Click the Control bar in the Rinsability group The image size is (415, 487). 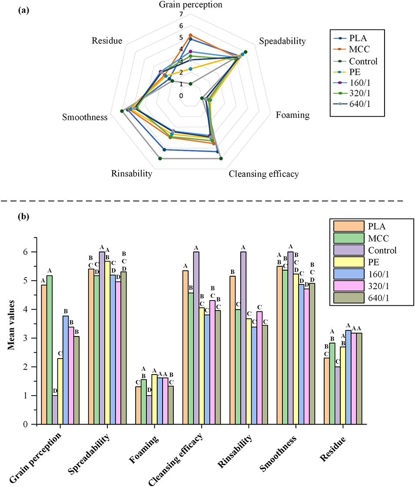coord(243,338)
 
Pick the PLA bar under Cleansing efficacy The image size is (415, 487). coord(186,347)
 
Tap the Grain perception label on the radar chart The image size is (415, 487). coord(190,5)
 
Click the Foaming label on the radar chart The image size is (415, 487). coord(293,115)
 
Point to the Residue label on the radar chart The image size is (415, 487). coord(107,41)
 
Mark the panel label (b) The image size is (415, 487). coord(24,217)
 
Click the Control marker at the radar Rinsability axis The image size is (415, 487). coord(160,159)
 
